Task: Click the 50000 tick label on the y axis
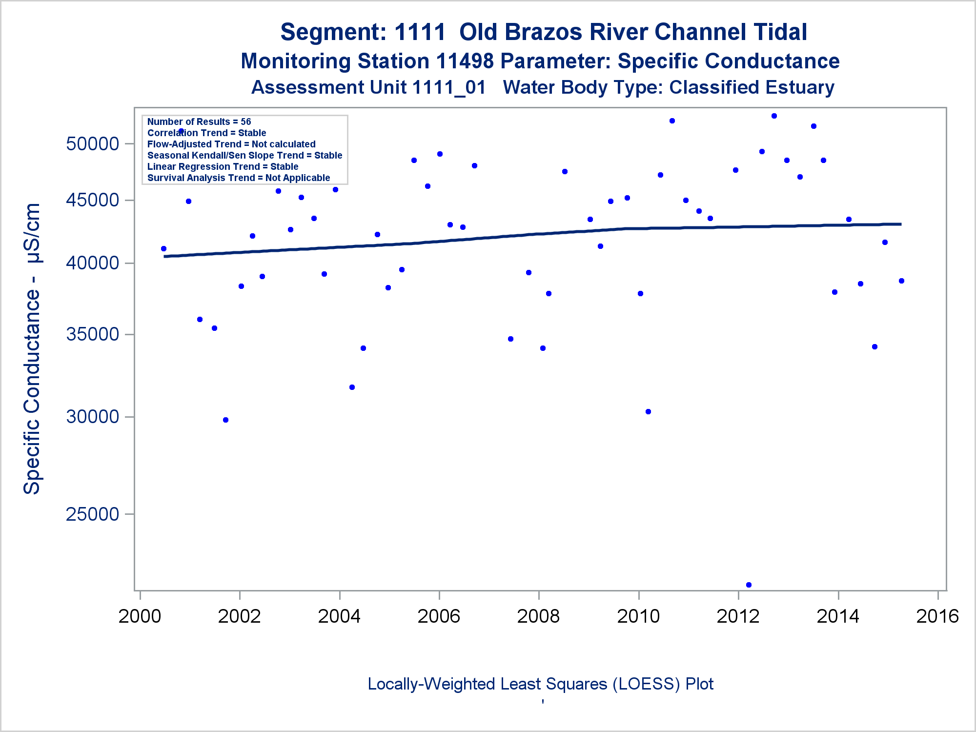tap(93, 144)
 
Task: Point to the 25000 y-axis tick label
tap(93, 514)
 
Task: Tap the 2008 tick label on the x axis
tap(538, 616)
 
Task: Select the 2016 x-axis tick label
tap(937, 616)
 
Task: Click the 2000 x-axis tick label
tap(140, 616)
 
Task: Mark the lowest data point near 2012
tap(749, 585)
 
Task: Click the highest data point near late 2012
tap(774, 116)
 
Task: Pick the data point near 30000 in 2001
tap(225, 420)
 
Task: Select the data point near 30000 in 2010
tap(648, 411)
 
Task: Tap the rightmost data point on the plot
tap(901, 281)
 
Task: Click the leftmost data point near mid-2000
tap(163, 248)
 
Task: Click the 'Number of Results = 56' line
tap(199, 122)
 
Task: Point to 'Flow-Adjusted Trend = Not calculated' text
tap(231, 144)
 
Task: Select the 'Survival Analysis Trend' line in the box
tap(239, 178)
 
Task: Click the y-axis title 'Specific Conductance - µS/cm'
tap(32, 348)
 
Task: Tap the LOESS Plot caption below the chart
tap(540, 684)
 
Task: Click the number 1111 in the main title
tap(420, 32)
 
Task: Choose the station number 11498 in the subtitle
tap(465, 61)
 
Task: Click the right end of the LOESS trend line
tap(900, 224)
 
